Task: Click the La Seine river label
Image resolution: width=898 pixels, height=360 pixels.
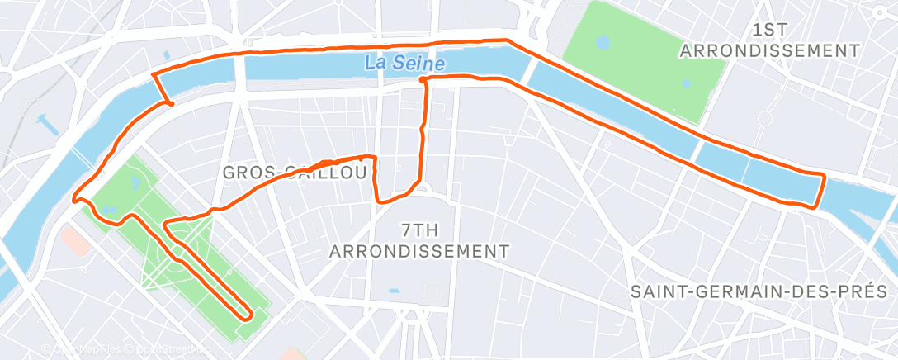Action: [x=404, y=63]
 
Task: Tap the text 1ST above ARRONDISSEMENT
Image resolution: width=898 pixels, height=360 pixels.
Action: [x=769, y=30]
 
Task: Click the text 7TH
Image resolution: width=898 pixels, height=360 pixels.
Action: [x=418, y=229]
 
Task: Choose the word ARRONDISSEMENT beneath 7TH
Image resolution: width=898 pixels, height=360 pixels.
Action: [x=418, y=250]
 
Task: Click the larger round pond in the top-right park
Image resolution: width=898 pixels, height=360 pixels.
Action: [x=603, y=41]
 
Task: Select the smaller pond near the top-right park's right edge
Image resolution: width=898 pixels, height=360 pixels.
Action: [x=687, y=83]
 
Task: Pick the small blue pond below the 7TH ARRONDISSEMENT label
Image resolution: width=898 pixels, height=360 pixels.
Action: [x=393, y=291]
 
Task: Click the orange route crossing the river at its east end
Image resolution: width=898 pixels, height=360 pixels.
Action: [x=820, y=192]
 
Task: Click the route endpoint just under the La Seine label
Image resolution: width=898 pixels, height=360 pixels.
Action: [x=422, y=79]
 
